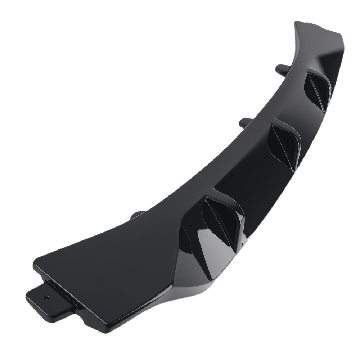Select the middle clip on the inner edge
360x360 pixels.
coord(245,122)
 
